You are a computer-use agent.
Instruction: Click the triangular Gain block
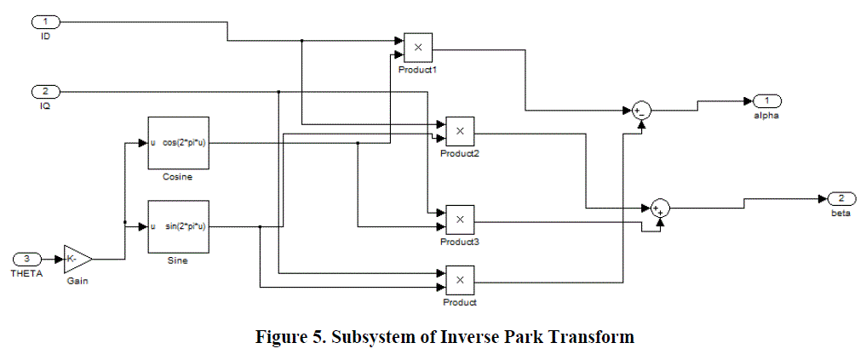pyautogui.click(x=76, y=259)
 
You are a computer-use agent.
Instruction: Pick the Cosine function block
pyautogui.click(x=178, y=142)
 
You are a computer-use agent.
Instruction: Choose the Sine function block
pyautogui.click(x=178, y=226)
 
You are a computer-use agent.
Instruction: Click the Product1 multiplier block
pyautogui.click(x=418, y=46)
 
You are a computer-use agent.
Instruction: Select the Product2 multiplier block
pyautogui.click(x=460, y=131)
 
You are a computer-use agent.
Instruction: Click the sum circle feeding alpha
pyautogui.click(x=640, y=111)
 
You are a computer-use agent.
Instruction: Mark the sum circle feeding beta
pyautogui.click(x=661, y=207)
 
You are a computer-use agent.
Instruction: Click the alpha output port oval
pyautogui.click(x=766, y=100)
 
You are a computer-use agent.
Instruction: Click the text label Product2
pyautogui.click(x=460, y=153)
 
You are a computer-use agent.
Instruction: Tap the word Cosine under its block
pyautogui.click(x=178, y=177)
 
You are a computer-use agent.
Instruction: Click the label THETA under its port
pyautogui.click(x=26, y=273)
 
